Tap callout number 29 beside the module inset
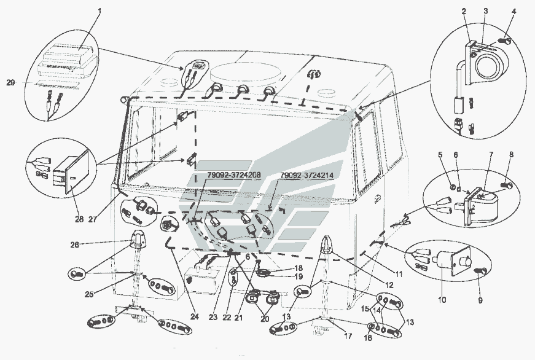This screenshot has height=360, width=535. point(10,82)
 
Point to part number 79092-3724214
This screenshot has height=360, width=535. point(308,175)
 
